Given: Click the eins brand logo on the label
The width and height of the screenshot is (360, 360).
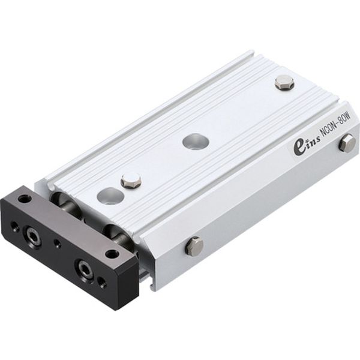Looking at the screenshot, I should pyautogui.click(x=307, y=145).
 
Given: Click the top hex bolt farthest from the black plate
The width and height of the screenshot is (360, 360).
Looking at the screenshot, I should pyautogui.click(x=284, y=82).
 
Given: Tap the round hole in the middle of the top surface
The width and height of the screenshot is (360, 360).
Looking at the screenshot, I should pyautogui.click(x=196, y=142).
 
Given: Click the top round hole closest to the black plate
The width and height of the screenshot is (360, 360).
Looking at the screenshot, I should pyautogui.click(x=110, y=196).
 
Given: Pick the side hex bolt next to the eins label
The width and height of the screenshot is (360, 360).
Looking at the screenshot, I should pyautogui.click(x=347, y=143).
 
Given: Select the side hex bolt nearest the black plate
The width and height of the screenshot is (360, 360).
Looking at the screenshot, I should pyautogui.click(x=193, y=245).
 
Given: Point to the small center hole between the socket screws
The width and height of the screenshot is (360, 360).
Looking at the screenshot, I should pyautogui.click(x=57, y=244).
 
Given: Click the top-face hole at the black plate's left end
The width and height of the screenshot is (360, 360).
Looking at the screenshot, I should pyautogui.click(x=25, y=199).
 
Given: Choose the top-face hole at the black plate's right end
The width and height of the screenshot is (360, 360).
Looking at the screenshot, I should pyautogui.click(x=112, y=253).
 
